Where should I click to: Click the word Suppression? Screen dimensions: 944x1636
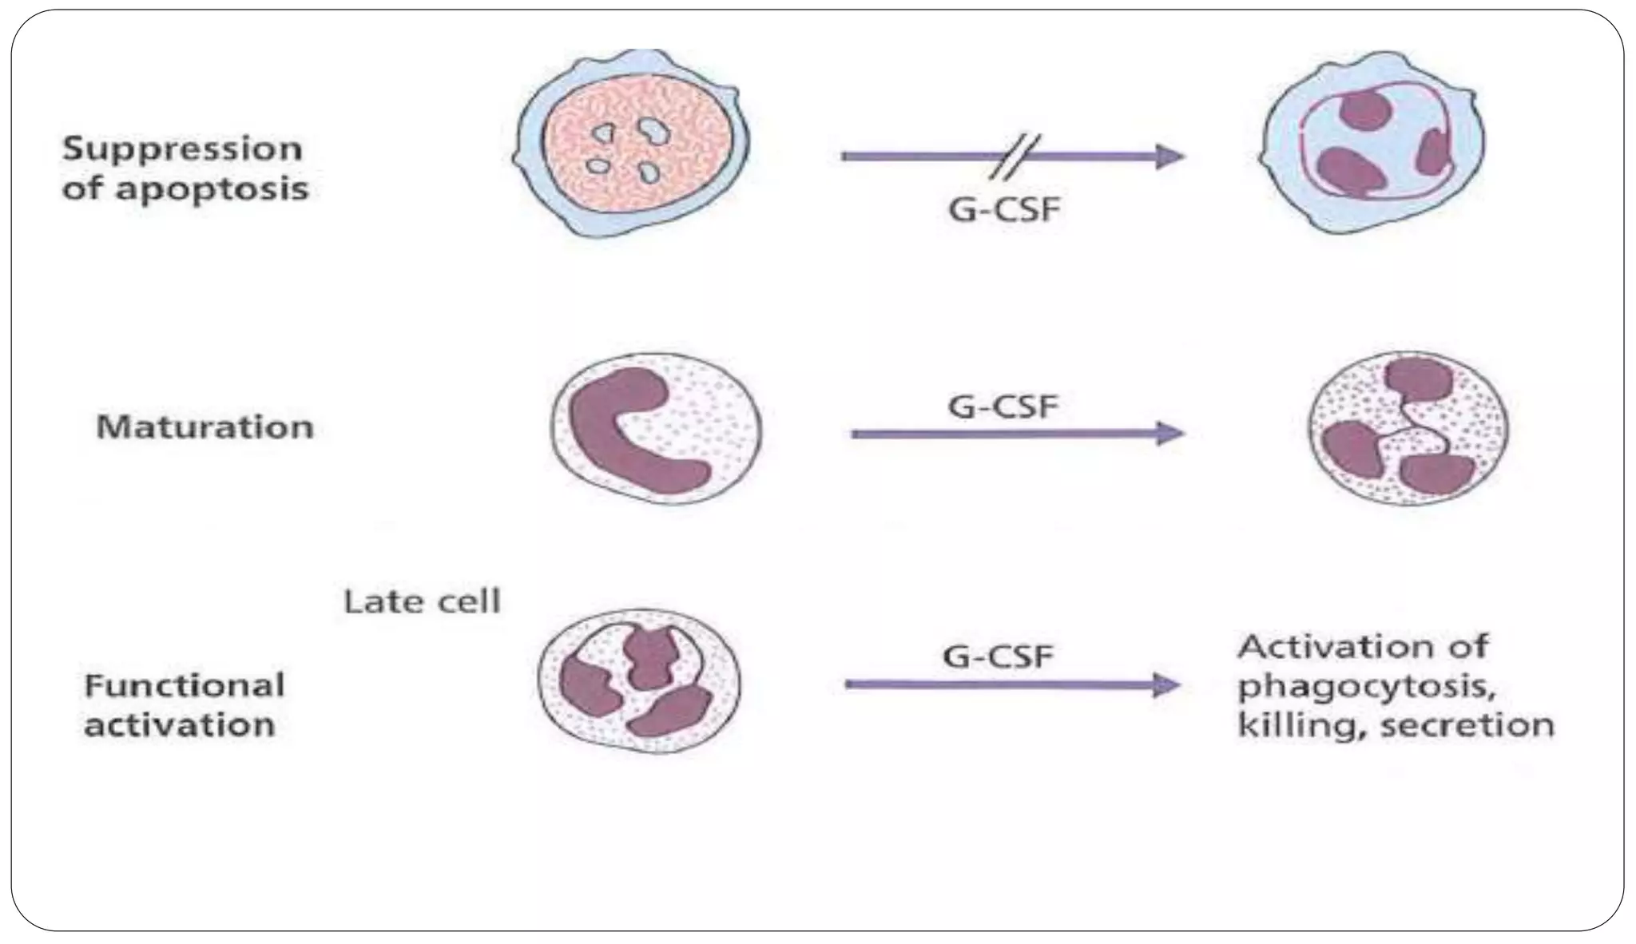click(x=182, y=149)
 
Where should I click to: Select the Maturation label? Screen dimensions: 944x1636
click(x=204, y=427)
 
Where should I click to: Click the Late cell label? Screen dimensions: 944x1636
click(x=422, y=601)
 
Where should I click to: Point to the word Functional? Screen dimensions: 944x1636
click(x=185, y=685)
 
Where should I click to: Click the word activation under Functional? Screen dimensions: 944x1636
click(x=180, y=725)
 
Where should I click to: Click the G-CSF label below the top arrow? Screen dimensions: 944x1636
click(x=1004, y=210)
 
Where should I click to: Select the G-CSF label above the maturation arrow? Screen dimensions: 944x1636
click(x=1003, y=407)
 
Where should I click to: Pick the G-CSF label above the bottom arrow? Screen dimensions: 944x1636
click(x=999, y=656)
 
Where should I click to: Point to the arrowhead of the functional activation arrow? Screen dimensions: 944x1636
click(x=1166, y=684)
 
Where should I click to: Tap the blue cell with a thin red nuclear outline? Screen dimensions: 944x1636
click(x=1372, y=144)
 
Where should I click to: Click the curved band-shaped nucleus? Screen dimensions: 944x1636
click(x=631, y=431)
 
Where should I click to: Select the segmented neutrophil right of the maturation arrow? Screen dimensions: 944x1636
click(x=1408, y=428)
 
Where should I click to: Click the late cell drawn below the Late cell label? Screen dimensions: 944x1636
click(x=638, y=683)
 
